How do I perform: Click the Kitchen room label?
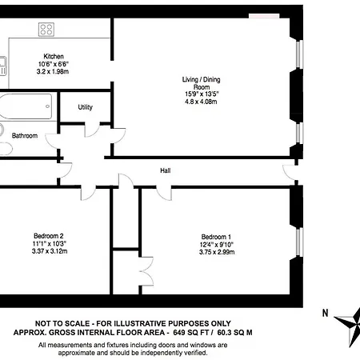(x=54, y=57)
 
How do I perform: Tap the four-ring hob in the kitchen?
(x=46, y=30)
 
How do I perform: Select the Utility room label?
(x=86, y=107)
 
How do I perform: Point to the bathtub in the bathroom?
(x=26, y=106)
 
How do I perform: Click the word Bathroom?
(x=25, y=136)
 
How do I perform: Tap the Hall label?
(x=166, y=170)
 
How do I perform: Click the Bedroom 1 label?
(x=216, y=237)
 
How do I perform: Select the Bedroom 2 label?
(x=49, y=236)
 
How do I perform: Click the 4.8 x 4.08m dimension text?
(x=201, y=102)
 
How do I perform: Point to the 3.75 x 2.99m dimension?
(x=217, y=252)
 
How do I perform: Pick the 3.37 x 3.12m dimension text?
(x=50, y=251)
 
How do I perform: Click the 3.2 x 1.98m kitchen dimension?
(x=53, y=71)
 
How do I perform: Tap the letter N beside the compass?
(x=325, y=313)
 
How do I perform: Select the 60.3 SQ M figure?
(x=234, y=333)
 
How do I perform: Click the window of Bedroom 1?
(x=300, y=242)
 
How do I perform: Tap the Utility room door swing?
(x=92, y=130)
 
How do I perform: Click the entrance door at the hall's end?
(x=290, y=173)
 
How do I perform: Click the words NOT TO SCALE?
(x=62, y=323)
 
